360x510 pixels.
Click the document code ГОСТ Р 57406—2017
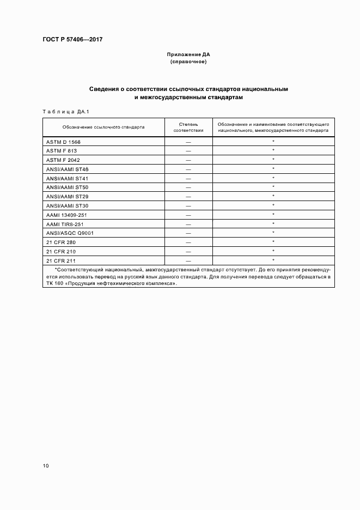tap(72, 40)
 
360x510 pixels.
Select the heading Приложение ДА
tap(188, 55)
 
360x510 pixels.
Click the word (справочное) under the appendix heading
tap(188, 62)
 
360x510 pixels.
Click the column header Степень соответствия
tap(188, 127)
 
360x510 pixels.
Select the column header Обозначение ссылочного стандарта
tap(103, 127)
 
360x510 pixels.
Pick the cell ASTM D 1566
tap(63, 142)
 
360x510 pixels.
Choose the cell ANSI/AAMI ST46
tap(67, 169)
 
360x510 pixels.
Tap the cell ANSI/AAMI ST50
tap(67, 187)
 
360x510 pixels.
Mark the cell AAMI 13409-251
tap(66, 215)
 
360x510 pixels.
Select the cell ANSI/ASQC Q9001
tap(70, 233)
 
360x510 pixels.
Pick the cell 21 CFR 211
tap(60, 260)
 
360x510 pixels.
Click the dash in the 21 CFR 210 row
tap(188, 251)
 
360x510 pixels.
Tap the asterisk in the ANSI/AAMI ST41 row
tap(273, 178)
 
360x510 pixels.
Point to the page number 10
tap(46, 466)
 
